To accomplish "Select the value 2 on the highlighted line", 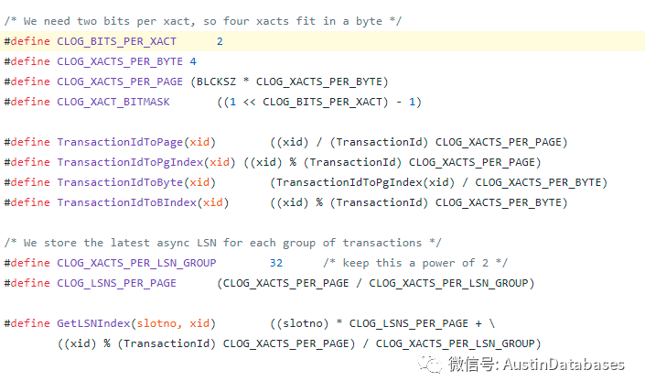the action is [220, 41].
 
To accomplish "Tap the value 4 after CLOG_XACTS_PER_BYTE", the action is [192, 61].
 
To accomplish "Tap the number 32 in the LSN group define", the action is [276, 263].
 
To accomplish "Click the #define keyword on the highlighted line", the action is [27, 41].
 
